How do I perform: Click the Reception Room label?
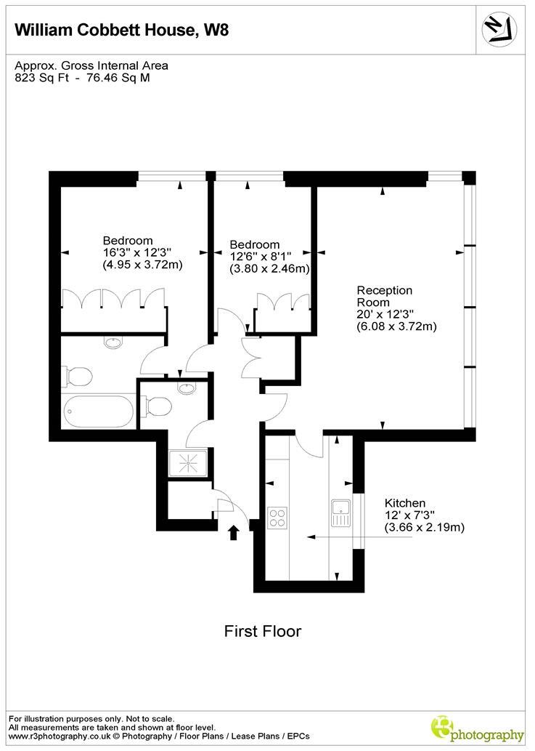coord(384,296)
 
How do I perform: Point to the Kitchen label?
coord(404,502)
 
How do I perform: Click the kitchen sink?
coord(340,513)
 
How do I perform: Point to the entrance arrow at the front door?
coord(234,533)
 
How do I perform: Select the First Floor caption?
coord(261,631)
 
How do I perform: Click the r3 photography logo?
coord(477,728)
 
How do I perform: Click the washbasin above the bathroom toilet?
coord(113,342)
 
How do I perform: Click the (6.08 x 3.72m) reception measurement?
coord(396,326)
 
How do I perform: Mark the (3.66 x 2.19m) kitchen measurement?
coord(424,527)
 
